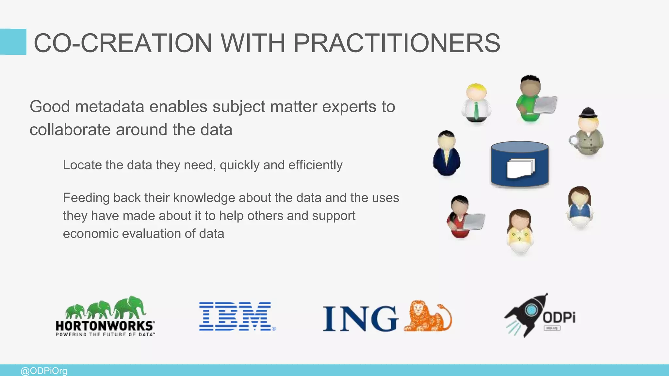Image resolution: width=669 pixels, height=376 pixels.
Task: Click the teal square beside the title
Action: point(13,42)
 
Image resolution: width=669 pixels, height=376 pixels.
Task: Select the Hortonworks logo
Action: point(105,316)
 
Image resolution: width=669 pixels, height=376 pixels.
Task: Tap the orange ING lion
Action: point(428,316)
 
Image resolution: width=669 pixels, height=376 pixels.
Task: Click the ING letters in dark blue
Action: point(360,319)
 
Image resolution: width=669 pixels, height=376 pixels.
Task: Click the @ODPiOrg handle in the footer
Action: point(44,371)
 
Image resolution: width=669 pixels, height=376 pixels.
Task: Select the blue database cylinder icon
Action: point(520,164)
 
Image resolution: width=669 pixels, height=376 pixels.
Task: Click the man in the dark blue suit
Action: point(447,153)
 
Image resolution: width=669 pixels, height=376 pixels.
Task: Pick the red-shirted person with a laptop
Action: point(462,217)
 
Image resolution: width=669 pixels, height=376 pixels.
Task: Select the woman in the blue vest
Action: point(580,207)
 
